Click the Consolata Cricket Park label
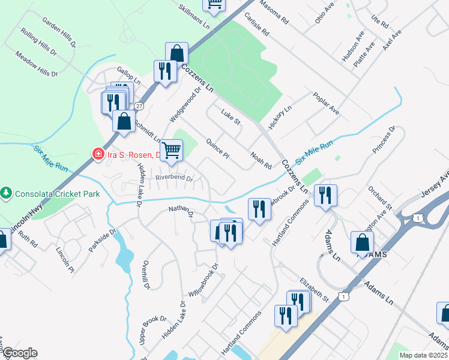50,194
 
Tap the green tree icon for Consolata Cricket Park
7,193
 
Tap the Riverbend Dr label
174,178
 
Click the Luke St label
231,117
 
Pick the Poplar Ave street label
326,103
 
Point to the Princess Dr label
384,139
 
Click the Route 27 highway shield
139,106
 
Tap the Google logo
20,353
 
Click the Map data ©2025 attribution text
423,355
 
